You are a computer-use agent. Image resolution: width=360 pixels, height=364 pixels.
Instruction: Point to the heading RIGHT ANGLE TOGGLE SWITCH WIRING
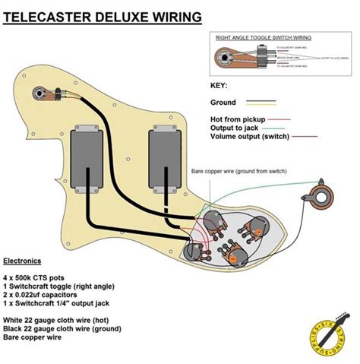pos(264,36)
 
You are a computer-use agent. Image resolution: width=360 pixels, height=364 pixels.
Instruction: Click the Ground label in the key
pos(223,103)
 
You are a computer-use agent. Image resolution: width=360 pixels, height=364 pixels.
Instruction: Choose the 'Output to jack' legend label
pos(233,128)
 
